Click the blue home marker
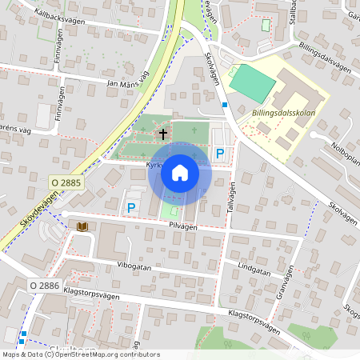click(x=180, y=172)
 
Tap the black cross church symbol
click(x=163, y=134)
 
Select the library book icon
click(x=82, y=227)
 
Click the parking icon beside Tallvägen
click(x=219, y=154)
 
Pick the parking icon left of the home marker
click(x=131, y=207)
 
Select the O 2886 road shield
click(x=46, y=285)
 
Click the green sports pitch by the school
click(x=252, y=83)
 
